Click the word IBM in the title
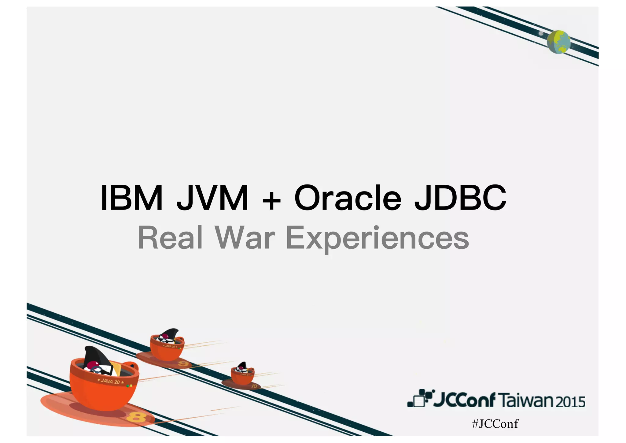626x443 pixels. (x=132, y=198)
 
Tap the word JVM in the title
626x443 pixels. (x=212, y=198)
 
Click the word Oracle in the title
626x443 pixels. (x=348, y=198)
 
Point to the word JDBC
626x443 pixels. (x=460, y=198)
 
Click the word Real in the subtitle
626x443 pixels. (x=170, y=238)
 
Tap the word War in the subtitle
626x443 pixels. (x=245, y=238)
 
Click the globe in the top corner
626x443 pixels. (x=558, y=42)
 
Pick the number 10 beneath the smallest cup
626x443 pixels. (x=254, y=386)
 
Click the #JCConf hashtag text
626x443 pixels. (x=495, y=424)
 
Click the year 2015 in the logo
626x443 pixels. (x=570, y=402)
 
